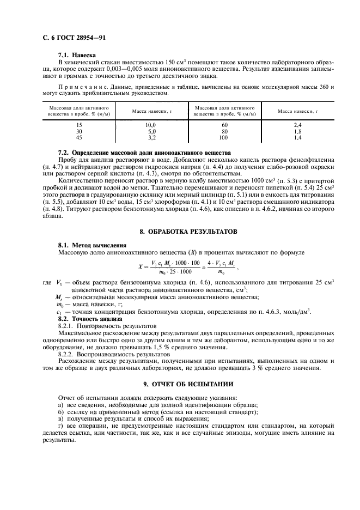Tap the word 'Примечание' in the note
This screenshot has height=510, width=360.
click(76, 87)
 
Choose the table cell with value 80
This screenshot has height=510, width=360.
click(224, 131)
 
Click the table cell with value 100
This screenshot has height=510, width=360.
click(224, 138)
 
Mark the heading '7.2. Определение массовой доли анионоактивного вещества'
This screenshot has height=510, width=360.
click(144, 152)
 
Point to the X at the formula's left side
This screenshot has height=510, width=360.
click(141, 267)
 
